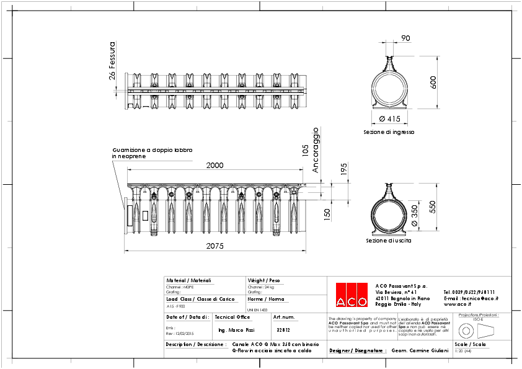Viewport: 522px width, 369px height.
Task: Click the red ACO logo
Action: (x=352, y=294)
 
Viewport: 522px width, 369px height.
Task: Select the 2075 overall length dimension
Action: (x=215, y=246)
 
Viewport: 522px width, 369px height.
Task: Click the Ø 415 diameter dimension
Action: (x=389, y=118)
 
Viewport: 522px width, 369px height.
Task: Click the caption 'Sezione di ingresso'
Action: (x=389, y=132)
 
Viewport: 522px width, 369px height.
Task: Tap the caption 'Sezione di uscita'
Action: (x=389, y=241)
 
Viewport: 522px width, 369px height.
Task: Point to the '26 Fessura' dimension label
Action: (x=112, y=61)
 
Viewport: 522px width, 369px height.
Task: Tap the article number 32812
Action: (x=283, y=331)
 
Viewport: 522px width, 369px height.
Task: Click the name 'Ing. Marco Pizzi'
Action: (x=237, y=331)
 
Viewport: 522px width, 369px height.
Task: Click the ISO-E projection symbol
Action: (x=477, y=329)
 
